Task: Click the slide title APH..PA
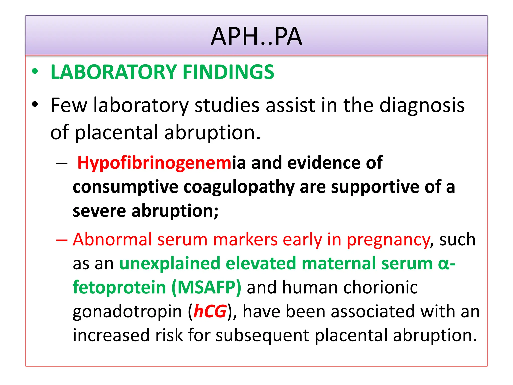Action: click(256, 37)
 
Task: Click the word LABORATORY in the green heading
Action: click(114, 72)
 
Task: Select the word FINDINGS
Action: click(228, 72)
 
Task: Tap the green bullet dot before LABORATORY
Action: click(35, 71)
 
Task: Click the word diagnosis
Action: click(422, 105)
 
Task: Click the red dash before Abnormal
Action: click(62, 240)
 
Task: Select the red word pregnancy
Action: click(388, 240)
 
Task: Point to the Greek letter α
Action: click(444, 264)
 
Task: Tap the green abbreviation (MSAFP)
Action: click(206, 287)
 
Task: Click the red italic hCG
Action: click(210, 311)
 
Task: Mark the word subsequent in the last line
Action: click(262, 335)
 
